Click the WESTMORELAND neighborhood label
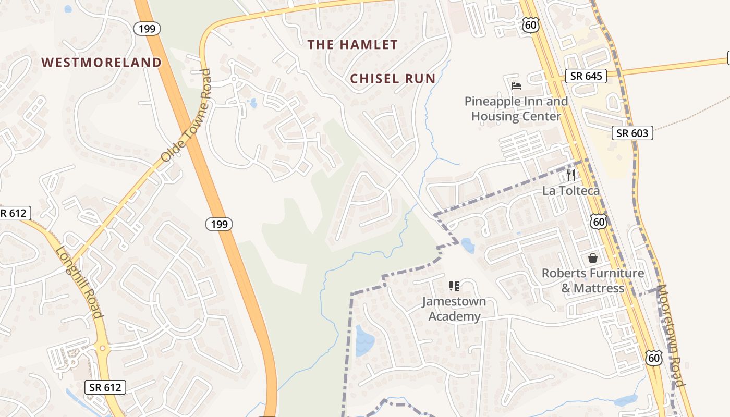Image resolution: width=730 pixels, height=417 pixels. (x=102, y=63)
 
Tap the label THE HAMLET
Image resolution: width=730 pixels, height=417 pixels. (x=352, y=45)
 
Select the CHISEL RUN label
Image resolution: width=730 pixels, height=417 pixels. (x=393, y=79)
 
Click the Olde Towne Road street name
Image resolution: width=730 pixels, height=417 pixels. (x=186, y=115)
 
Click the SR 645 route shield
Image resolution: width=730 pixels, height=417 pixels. (x=586, y=76)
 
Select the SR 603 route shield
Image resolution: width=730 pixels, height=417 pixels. (x=632, y=133)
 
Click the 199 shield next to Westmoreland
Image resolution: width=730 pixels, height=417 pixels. (x=147, y=29)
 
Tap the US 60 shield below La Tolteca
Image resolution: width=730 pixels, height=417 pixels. (x=599, y=222)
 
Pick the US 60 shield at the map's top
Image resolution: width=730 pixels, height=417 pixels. (x=530, y=24)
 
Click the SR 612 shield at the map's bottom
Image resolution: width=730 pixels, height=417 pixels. (x=105, y=387)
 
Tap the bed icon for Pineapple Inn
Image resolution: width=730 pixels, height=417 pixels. (x=516, y=85)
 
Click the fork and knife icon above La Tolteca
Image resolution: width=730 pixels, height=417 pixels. (x=571, y=175)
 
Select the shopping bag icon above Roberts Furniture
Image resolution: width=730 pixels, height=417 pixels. (x=593, y=257)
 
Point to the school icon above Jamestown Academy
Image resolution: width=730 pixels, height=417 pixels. (x=454, y=286)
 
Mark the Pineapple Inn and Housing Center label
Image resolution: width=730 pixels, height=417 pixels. (x=516, y=108)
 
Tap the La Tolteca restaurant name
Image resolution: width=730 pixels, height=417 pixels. (x=571, y=191)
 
